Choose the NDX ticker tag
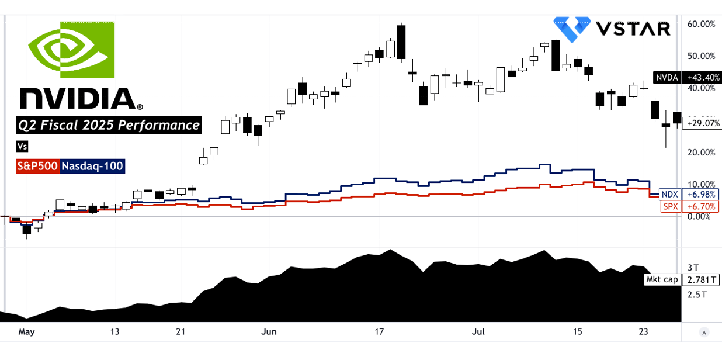669,194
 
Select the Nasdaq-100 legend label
92,166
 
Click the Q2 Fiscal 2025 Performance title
108,124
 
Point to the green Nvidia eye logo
71,50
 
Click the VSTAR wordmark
633,27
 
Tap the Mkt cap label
662,279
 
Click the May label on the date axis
26,332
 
